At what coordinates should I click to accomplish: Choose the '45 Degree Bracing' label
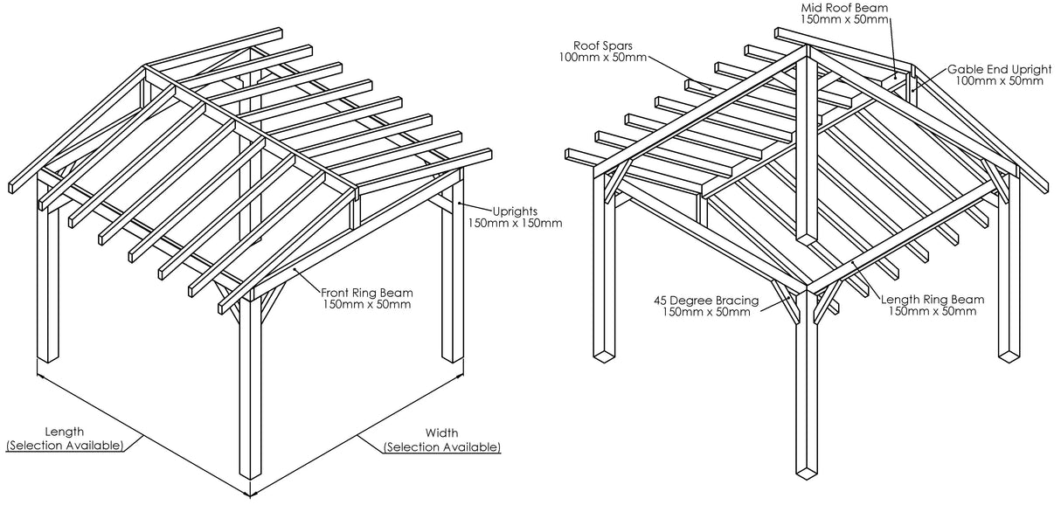pyautogui.click(x=705, y=300)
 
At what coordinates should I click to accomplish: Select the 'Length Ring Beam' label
pyautogui.click(x=933, y=300)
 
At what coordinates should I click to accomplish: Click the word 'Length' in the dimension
pyautogui.click(x=66, y=432)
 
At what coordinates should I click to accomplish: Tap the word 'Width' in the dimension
pyautogui.click(x=441, y=432)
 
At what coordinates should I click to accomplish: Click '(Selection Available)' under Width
pyautogui.click(x=441, y=446)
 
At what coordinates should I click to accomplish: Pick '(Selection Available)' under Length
pyautogui.click(x=66, y=446)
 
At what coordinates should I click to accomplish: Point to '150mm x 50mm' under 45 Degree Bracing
pyautogui.click(x=705, y=312)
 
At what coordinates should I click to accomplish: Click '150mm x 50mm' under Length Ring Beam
pyautogui.click(x=933, y=312)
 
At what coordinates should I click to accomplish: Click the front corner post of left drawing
pyautogui.click(x=250, y=393)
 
